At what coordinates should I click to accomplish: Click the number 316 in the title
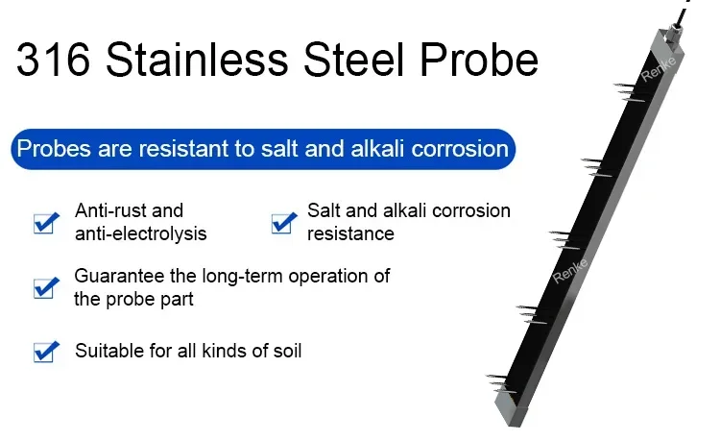[x=53, y=60]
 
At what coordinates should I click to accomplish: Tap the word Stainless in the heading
[x=197, y=60]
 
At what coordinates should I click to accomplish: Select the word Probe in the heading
[x=479, y=60]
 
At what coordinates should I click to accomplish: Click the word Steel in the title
[x=354, y=60]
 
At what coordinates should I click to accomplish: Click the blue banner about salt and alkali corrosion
[x=263, y=149]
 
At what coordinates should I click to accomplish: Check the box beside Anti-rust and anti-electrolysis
[x=46, y=223]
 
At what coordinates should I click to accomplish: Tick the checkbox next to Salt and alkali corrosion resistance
[x=284, y=223]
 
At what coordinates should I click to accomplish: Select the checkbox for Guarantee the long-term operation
[x=46, y=288]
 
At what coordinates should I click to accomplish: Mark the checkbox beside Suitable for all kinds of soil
[x=46, y=352]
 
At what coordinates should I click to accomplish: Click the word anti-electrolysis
[x=140, y=233]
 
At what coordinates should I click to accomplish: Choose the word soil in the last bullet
[x=287, y=351]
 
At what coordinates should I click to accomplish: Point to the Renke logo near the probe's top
[x=658, y=69]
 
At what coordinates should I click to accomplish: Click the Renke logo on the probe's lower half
[x=569, y=271]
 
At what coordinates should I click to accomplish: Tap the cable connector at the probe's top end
[x=672, y=32]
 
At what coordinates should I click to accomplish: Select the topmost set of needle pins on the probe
[x=629, y=91]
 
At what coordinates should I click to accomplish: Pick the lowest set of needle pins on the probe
[x=500, y=384]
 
